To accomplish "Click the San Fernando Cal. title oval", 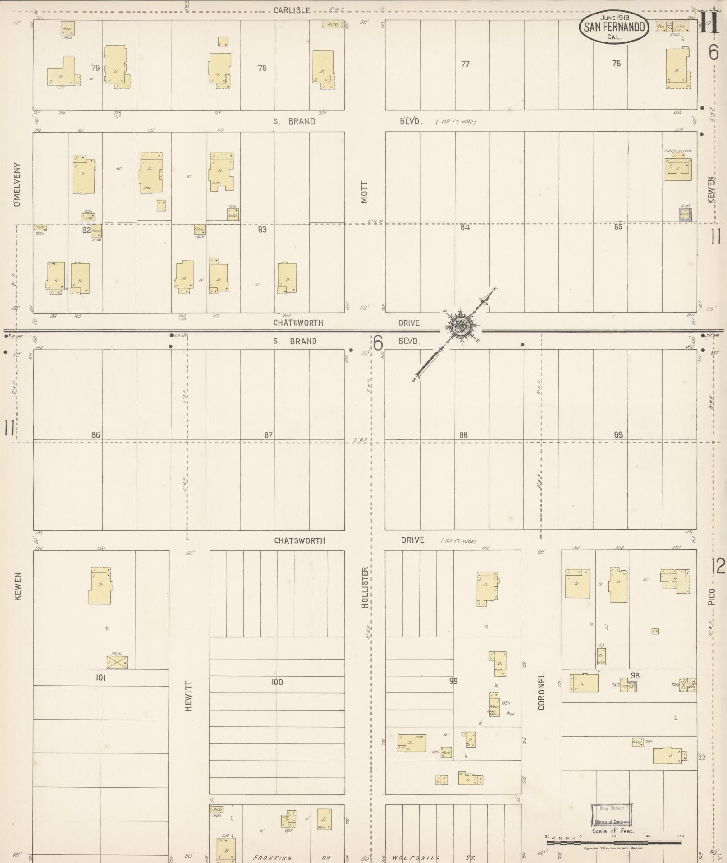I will click(x=614, y=27).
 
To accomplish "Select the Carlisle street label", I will click(x=292, y=10).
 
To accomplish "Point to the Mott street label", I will click(x=364, y=192).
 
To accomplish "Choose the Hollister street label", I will click(x=365, y=587).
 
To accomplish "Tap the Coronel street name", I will click(x=541, y=691).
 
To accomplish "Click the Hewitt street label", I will click(x=188, y=696).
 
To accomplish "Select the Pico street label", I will click(x=711, y=596).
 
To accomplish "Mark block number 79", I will click(x=95, y=68).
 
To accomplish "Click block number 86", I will click(x=96, y=435).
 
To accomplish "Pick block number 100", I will click(x=277, y=682).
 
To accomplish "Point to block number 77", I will click(x=465, y=64).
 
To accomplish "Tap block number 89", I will click(x=618, y=435).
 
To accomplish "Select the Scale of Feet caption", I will click(x=613, y=831).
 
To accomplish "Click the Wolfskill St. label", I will click(x=434, y=858).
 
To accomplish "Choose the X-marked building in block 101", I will click(x=117, y=662).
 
